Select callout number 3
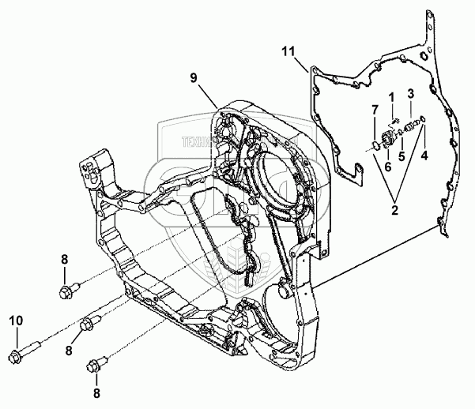[x=409, y=94]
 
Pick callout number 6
[x=387, y=167]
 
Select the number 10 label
[x=15, y=321]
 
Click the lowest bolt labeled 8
[x=96, y=365]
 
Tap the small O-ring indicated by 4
[x=423, y=120]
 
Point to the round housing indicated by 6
[x=388, y=140]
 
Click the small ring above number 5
[x=399, y=133]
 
